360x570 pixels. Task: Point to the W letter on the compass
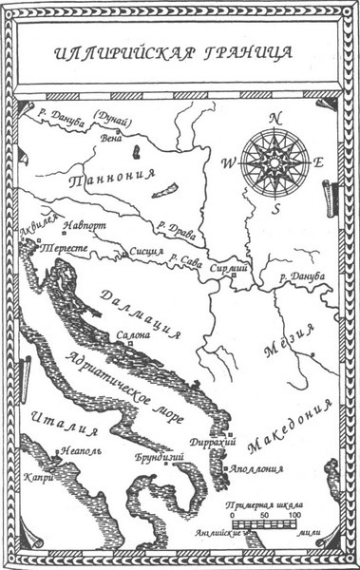click(228, 161)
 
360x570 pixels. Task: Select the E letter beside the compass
click(318, 161)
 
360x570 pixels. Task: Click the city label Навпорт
click(85, 228)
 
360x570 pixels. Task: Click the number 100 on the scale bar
click(294, 514)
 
